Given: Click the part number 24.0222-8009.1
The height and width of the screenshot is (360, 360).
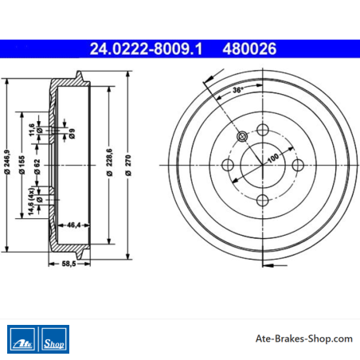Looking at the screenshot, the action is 146,49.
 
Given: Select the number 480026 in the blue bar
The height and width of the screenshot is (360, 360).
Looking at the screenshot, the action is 249,49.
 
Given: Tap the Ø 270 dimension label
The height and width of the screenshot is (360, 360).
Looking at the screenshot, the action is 128,166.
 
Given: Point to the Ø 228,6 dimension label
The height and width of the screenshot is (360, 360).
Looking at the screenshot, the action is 109,162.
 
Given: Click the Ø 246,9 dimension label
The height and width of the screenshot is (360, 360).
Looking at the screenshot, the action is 7,162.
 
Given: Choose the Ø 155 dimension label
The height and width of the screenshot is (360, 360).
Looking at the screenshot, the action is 22,165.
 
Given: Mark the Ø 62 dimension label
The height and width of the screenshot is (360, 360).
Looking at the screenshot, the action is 37,167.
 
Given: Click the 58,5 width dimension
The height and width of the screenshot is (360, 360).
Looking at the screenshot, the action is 68,264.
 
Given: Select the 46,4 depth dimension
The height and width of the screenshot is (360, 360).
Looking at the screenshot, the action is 73,225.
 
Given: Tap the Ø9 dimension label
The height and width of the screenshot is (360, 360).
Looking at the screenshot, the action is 72,134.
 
